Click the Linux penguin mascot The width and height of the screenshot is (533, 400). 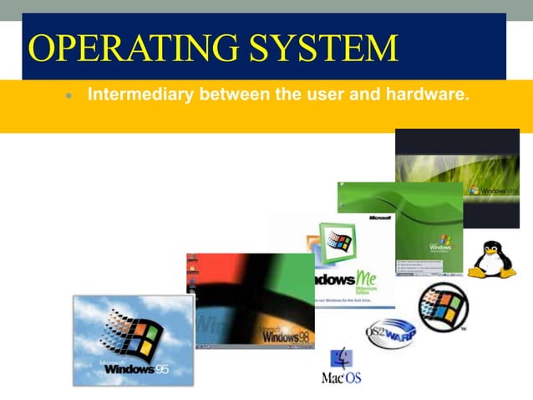pos(491,259)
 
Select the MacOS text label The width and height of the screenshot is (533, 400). pos(342,378)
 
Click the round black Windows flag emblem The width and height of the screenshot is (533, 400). pos(443,307)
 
